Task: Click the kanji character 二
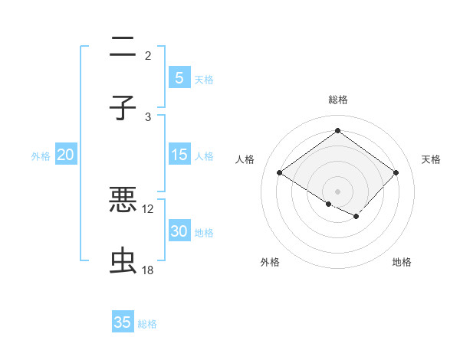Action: [123, 48]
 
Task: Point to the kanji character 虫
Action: [123, 261]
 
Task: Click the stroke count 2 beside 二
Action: [148, 55]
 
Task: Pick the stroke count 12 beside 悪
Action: [148, 208]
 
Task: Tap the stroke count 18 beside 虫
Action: [148, 270]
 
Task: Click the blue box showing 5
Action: [179, 77]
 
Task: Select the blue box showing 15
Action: [179, 155]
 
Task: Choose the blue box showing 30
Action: [179, 232]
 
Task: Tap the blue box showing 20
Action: [65, 155]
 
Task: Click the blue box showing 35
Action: [123, 322]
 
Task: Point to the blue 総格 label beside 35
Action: [147, 324]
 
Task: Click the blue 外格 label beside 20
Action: [41, 156]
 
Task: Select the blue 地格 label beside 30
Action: [204, 233]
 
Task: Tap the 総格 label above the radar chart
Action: [337, 100]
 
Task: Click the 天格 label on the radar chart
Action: [431, 159]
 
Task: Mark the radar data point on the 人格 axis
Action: [280, 173]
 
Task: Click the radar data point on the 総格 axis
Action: [337, 131]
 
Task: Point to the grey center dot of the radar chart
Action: [337, 191]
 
